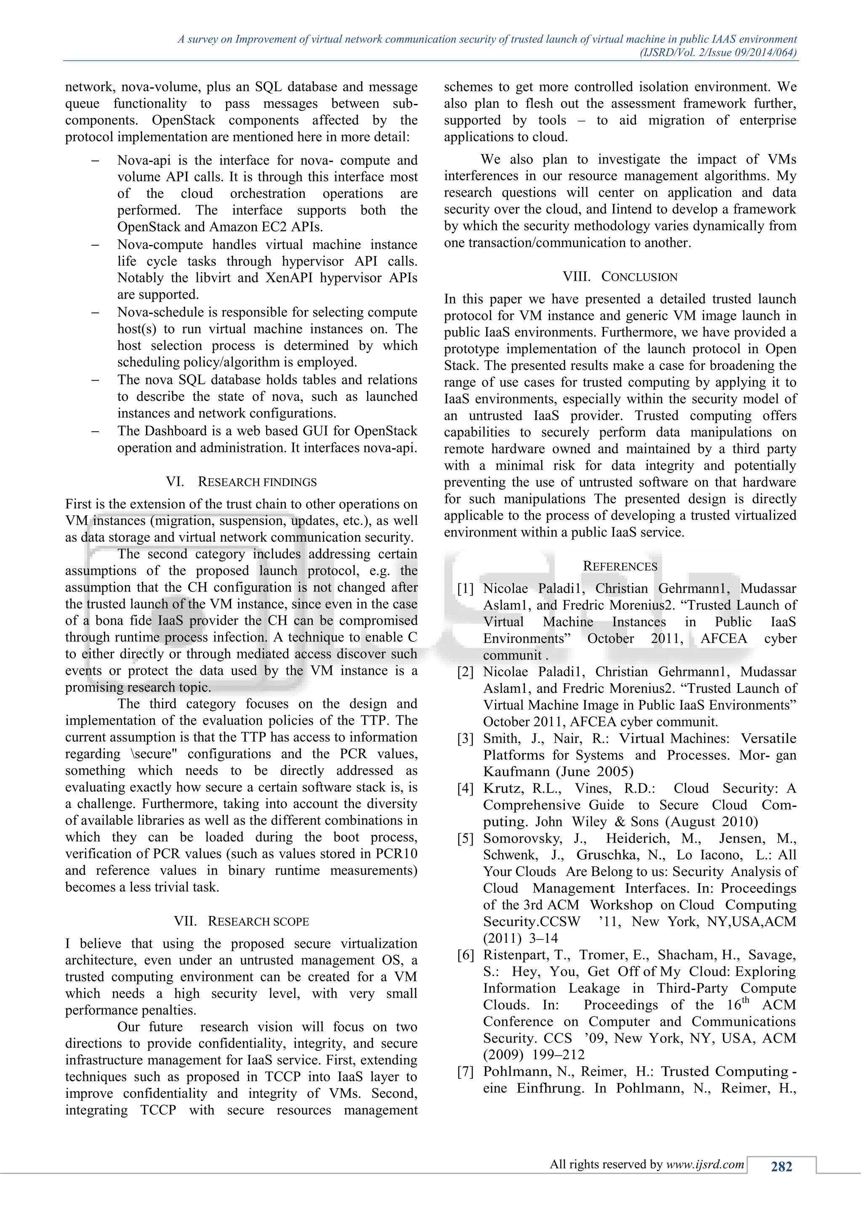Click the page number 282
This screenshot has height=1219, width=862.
pos(781,1166)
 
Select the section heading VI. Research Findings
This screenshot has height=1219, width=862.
pos(241,482)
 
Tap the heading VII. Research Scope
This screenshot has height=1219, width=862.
pos(241,921)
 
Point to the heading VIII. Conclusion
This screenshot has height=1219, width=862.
pos(620,277)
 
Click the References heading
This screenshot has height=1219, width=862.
pos(620,566)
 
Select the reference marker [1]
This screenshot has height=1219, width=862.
pos(466,589)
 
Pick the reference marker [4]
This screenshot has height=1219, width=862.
pos(466,788)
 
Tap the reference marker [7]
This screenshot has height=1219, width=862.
pos(466,1071)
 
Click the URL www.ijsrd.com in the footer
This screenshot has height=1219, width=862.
pos(705,1164)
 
